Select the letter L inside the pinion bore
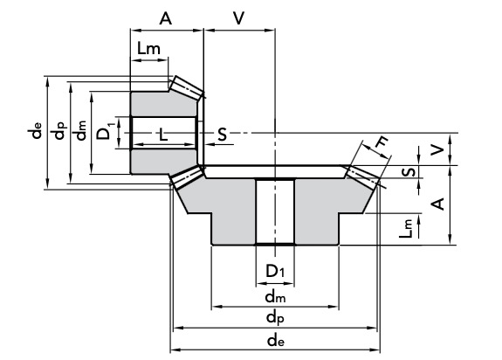point(163,135)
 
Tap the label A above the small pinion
point(166,18)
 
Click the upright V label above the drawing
point(239,18)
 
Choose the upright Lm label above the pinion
point(148,48)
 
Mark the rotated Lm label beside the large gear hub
point(406,228)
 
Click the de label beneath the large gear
point(275,341)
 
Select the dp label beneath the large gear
point(275,318)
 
